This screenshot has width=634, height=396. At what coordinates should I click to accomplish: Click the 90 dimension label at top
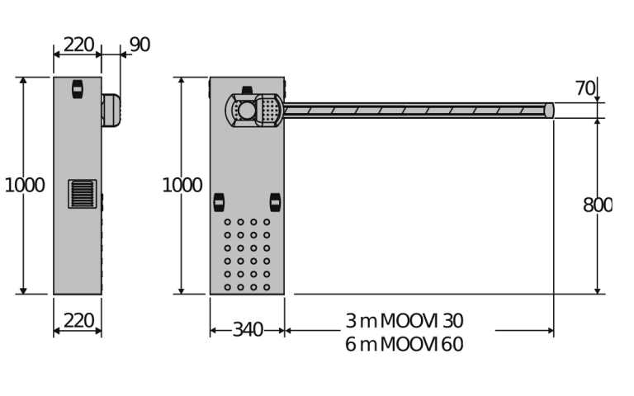pos(140,45)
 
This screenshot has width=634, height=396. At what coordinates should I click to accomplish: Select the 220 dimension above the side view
pos(78,45)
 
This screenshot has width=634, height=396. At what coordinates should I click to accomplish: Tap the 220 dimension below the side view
pos(78,320)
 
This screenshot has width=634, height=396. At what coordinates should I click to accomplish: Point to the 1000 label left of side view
pos(24,186)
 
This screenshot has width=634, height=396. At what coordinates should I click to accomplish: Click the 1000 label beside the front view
pos(182,186)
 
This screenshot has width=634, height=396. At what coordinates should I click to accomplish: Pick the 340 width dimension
pos(247,330)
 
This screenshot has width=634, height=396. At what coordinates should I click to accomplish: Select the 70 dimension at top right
pos(585,88)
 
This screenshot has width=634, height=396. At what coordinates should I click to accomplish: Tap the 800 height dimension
pos(597,205)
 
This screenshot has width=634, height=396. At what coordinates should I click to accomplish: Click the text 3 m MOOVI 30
pos(404,321)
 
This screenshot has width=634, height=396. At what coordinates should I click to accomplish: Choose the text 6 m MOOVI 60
pos(404,345)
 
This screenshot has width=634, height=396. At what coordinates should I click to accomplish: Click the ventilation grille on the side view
pos(82,194)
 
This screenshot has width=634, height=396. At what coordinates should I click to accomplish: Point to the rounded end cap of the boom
pos(549,111)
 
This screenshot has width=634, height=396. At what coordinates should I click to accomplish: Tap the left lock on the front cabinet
pos(219,202)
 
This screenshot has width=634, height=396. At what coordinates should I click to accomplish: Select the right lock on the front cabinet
pos(275,202)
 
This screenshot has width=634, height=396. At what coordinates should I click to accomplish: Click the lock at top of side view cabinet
pos(78,88)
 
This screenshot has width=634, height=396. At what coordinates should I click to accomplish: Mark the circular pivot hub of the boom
pos(245,110)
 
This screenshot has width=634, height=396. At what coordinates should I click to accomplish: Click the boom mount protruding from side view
pos(111,110)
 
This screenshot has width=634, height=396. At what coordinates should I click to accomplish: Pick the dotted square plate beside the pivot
pos(268,109)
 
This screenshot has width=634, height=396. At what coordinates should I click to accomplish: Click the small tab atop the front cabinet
pos(247,90)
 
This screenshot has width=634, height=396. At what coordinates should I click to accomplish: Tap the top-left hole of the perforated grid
pos(228,222)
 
